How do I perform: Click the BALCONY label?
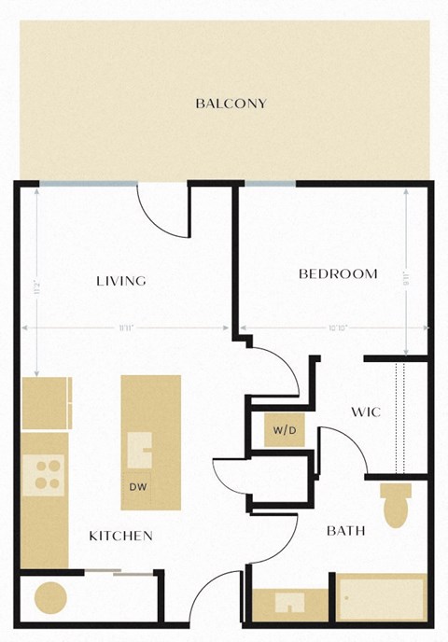231,104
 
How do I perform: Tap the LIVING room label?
121,281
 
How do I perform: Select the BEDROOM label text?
338,274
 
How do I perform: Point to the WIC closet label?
366,412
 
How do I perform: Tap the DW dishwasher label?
139,486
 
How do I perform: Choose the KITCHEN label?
120,536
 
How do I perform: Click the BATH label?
345,531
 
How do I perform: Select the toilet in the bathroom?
396,504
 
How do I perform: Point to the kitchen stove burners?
43,474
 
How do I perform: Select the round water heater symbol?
49,596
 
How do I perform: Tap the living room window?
86,184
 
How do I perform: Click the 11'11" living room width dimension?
124,328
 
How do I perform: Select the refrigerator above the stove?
46,403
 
